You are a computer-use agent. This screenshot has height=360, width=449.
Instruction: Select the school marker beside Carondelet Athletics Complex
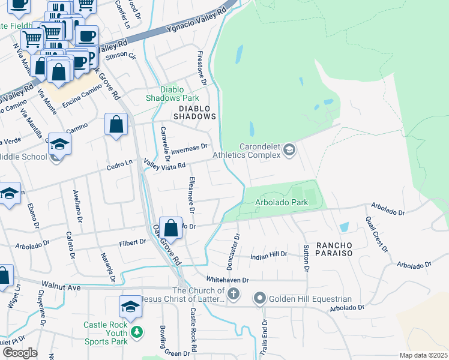click(x=289, y=149)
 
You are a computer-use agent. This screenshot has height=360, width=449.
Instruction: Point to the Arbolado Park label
click(x=282, y=203)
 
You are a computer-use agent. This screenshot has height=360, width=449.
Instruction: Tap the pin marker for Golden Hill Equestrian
click(x=259, y=298)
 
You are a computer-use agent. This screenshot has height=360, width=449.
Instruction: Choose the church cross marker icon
click(x=234, y=294)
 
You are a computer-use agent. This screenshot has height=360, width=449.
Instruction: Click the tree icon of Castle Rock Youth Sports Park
click(x=137, y=331)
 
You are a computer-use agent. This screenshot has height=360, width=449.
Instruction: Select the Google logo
click(x=20, y=352)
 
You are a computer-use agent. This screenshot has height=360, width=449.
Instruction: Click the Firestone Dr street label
click(x=202, y=68)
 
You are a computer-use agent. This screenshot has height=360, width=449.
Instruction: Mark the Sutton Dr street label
click(x=306, y=258)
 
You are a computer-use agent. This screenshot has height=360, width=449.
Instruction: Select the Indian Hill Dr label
click(x=268, y=254)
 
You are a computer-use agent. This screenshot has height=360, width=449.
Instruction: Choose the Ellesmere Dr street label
click(x=191, y=196)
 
